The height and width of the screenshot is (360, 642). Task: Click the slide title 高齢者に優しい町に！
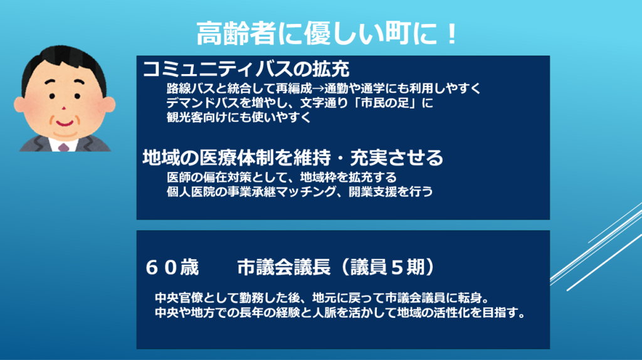326,33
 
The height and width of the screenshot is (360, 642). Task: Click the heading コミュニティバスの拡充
246,69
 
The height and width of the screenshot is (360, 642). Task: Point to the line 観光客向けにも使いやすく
239,117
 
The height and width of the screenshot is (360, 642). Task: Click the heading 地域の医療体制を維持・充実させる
293,157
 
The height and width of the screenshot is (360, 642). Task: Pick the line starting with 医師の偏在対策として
282,177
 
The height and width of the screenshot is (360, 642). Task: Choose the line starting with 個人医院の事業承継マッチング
300,191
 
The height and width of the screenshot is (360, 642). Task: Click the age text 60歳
172,267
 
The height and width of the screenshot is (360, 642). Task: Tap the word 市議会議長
284,267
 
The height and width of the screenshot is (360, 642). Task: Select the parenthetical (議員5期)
387,267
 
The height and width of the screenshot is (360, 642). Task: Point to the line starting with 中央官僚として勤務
322,297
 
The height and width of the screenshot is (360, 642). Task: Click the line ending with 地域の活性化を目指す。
340,312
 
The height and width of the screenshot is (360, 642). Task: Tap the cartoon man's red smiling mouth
65,122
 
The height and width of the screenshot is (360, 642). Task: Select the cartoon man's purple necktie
63,147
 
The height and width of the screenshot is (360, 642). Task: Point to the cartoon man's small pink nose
64,108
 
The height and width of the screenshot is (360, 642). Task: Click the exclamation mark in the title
451,34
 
